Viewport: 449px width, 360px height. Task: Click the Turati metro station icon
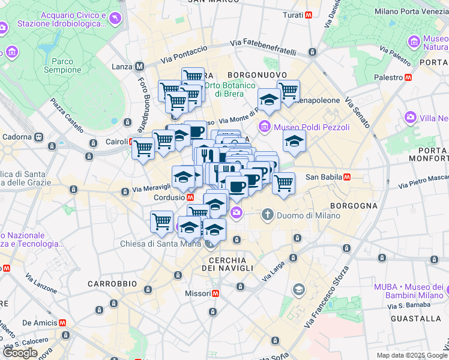coord(309,14)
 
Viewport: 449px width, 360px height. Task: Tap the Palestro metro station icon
coord(408,77)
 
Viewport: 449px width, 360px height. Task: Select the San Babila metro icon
coord(347,177)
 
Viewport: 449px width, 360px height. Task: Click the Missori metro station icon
coord(215,293)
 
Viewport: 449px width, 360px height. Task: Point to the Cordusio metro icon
coord(190,196)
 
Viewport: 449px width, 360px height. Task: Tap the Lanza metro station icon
coord(139,67)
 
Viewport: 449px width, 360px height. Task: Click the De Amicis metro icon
coord(62,322)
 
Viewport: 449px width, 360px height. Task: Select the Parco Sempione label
coord(62,65)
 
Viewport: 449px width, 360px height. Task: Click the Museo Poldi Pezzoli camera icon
coord(264,127)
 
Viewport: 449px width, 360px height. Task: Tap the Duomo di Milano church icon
coord(267,214)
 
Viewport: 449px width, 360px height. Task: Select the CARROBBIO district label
coord(112,283)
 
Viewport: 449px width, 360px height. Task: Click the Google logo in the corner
coord(20,353)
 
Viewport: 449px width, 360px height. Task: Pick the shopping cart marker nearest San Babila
coord(283,182)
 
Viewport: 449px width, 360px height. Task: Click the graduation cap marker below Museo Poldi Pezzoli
coord(294,142)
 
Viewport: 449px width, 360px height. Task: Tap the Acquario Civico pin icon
coord(114,20)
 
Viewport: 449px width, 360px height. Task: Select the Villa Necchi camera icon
coord(410,118)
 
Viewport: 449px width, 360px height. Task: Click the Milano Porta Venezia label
coord(411,11)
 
